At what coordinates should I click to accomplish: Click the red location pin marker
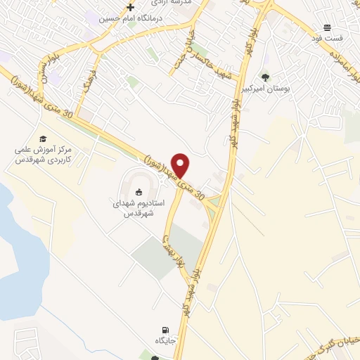click(x=181, y=165)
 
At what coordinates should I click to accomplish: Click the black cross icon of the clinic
click(x=130, y=7)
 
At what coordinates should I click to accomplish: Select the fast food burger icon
click(x=328, y=27)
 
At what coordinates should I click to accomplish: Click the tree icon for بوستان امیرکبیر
click(x=265, y=78)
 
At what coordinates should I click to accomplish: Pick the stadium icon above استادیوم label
click(x=139, y=191)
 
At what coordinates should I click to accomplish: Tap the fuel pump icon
click(x=165, y=330)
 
